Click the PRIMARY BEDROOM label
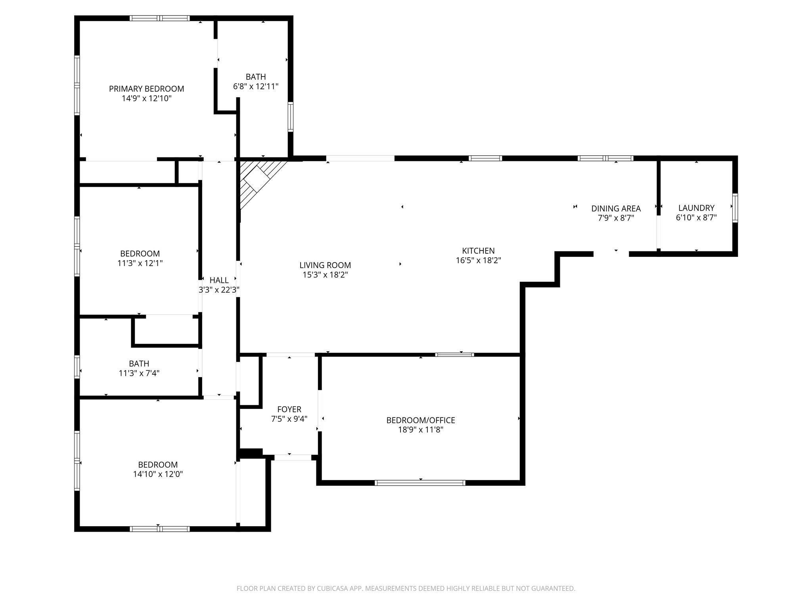(x=146, y=89)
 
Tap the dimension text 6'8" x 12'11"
(x=256, y=86)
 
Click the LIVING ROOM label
(x=325, y=265)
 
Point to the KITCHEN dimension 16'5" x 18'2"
(x=478, y=260)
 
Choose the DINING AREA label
(x=616, y=209)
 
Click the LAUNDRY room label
(x=696, y=208)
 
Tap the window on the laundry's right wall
(x=735, y=208)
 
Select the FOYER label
(x=289, y=409)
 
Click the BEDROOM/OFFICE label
(x=421, y=420)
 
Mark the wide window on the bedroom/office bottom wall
(x=420, y=483)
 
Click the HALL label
(x=219, y=280)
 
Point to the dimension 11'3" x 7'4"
(x=139, y=373)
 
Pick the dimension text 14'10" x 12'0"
(x=158, y=474)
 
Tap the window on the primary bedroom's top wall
(x=159, y=18)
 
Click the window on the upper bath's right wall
(x=291, y=117)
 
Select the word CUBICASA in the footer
(x=332, y=589)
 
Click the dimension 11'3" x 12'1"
(x=140, y=263)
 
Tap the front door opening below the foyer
(x=293, y=457)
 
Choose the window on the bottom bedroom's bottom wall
(x=159, y=529)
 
